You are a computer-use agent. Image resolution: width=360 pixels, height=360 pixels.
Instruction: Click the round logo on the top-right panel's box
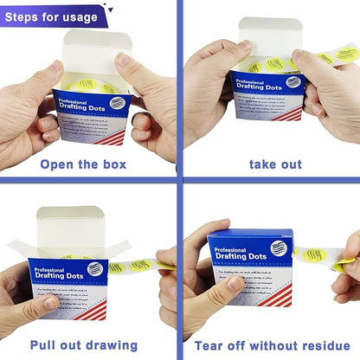point(292,80)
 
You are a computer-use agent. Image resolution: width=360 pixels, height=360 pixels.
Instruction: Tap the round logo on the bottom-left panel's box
point(93,268)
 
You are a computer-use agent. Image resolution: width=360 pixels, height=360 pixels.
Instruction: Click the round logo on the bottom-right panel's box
point(276,248)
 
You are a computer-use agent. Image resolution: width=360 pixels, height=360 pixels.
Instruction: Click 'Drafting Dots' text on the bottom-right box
point(234,251)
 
